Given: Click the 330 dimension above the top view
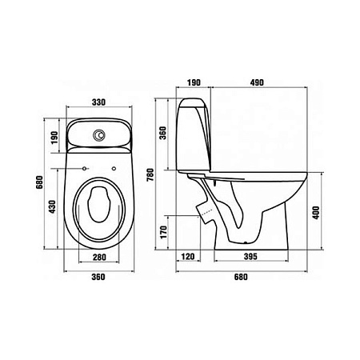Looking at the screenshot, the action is tap(98, 102).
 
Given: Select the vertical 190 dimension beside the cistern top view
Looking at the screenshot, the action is tap(54, 138).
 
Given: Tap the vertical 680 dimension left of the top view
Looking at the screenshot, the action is tap(39, 182).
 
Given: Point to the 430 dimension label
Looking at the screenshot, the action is tap(53, 206).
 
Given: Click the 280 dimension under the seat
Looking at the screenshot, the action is tap(99, 258).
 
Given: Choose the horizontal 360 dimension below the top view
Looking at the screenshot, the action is tap(98, 277).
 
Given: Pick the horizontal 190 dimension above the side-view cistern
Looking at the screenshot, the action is tap(194, 82).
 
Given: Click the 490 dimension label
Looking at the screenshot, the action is tap(257, 82).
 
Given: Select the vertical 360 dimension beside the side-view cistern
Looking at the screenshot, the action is tap(162, 133).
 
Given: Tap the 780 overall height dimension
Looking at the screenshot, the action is tap(150, 174).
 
